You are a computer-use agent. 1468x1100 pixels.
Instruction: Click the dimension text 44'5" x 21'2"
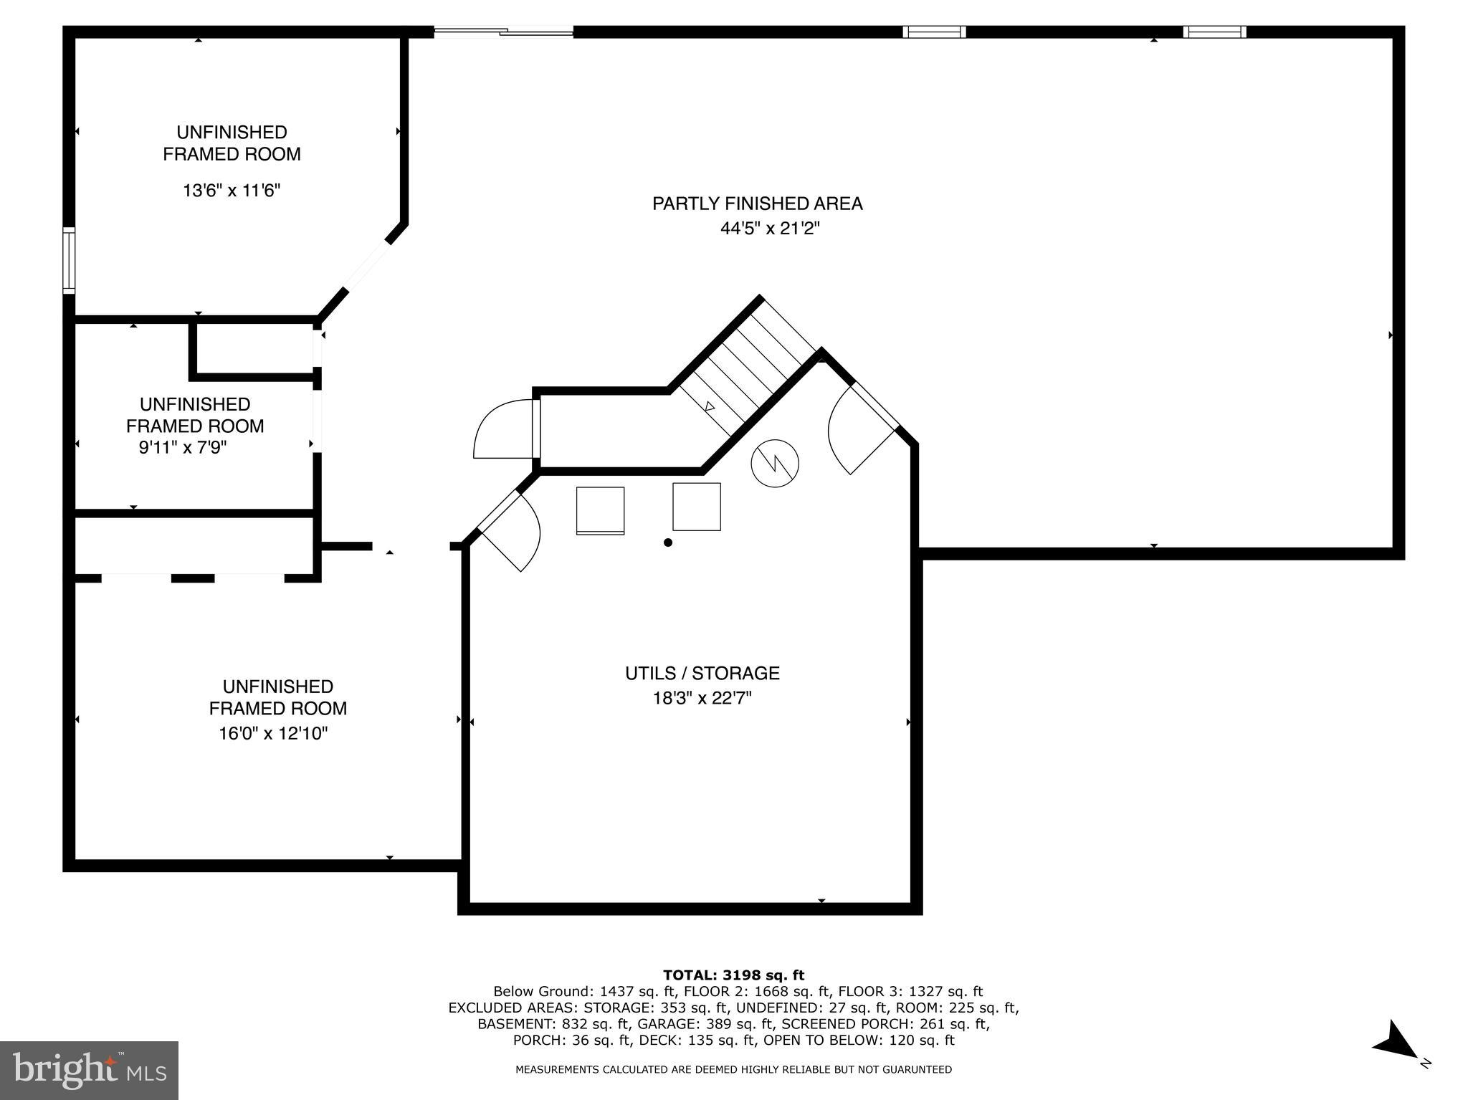(769, 229)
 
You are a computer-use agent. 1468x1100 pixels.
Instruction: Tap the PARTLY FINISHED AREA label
(757, 204)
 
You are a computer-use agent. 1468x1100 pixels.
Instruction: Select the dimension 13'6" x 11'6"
(231, 191)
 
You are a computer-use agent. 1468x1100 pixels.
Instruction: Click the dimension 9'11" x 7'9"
(182, 448)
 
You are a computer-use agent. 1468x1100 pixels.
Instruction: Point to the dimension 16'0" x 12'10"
(273, 733)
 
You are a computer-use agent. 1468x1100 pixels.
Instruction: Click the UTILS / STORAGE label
(702, 673)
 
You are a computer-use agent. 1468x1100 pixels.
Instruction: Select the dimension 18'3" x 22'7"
(702, 698)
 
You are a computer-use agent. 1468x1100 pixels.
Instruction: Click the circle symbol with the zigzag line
(775, 462)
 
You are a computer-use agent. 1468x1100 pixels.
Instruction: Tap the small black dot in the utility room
(668, 542)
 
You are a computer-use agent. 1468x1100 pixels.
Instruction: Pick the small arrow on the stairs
(710, 406)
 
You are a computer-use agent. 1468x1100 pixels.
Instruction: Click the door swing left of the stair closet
(502, 431)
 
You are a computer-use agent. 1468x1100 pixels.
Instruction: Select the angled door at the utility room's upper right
(860, 430)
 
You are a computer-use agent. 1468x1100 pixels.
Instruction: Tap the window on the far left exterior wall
(69, 259)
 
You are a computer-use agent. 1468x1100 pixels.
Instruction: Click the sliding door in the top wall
(503, 31)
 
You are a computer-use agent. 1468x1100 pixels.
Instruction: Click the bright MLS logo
(89, 1070)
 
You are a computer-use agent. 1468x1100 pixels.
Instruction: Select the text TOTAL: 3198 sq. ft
(733, 975)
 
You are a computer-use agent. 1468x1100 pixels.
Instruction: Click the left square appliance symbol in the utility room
(600, 510)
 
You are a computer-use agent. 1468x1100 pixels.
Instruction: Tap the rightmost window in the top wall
(1214, 32)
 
